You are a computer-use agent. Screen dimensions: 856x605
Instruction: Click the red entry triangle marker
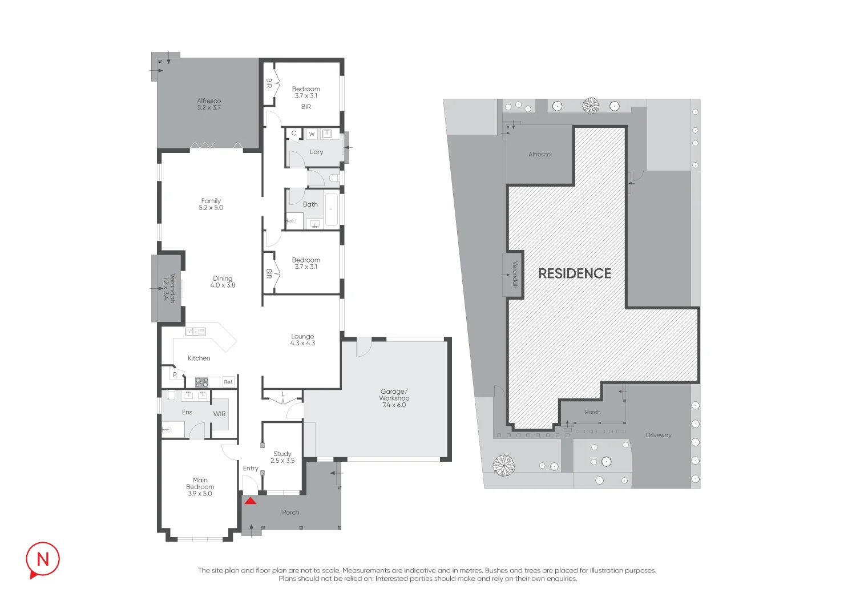(x=251, y=501)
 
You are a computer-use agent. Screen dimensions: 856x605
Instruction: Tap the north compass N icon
(x=43, y=559)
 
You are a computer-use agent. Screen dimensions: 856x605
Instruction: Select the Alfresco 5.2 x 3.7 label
(x=209, y=104)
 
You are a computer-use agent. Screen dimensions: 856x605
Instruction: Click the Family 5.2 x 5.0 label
(x=211, y=204)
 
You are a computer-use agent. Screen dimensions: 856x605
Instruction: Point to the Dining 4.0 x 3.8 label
(x=223, y=282)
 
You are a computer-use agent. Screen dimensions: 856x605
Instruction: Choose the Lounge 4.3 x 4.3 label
(x=302, y=340)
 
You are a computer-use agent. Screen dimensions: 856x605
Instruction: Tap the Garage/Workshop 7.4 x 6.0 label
(x=394, y=398)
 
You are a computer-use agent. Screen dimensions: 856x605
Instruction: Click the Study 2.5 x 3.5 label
(x=282, y=457)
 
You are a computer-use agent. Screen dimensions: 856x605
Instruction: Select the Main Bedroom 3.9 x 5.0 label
(x=200, y=486)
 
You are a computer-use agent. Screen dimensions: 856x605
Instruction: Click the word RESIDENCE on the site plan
(x=575, y=273)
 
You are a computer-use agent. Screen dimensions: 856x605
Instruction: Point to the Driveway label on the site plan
(x=659, y=435)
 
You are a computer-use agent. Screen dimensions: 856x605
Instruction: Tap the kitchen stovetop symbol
(x=202, y=382)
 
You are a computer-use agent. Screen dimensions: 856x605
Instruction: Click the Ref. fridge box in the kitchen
(x=228, y=382)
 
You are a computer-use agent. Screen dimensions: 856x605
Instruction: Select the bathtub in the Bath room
(x=332, y=209)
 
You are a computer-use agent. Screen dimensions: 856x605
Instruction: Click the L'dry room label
(x=316, y=152)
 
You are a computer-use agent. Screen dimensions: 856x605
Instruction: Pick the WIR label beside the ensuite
(x=219, y=414)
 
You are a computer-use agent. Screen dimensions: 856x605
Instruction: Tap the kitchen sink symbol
(x=196, y=332)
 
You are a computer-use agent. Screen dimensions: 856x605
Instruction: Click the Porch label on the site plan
(x=593, y=412)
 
